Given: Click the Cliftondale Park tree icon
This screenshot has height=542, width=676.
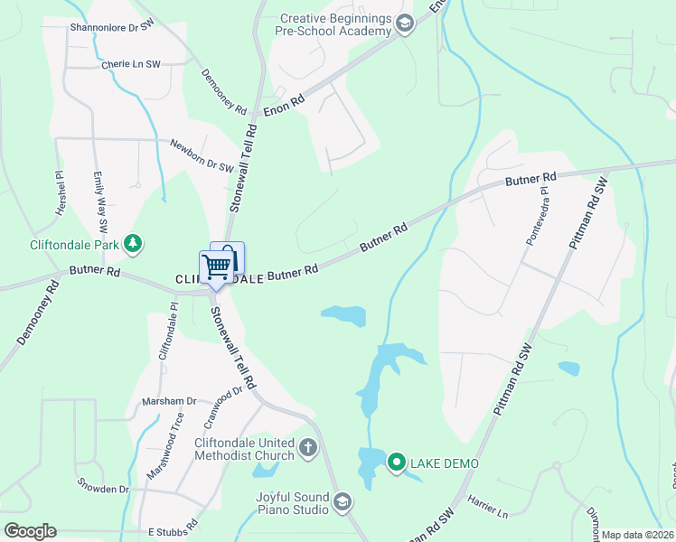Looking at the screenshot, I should [x=133, y=242].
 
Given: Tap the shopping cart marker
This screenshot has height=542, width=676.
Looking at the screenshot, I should [x=216, y=267].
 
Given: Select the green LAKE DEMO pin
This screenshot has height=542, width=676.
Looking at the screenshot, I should [x=396, y=463].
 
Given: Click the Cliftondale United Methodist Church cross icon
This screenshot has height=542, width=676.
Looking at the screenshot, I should [x=307, y=446].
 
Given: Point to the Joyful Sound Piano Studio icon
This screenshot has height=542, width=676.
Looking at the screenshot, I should [x=342, y=501].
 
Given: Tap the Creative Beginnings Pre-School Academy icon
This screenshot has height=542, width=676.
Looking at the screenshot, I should [x=404, y=24].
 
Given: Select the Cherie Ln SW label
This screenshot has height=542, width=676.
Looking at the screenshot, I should [x=130, y=65].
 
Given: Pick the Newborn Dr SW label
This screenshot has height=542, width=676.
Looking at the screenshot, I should [x=202, y=155].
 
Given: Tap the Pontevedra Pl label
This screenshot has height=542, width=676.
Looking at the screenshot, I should [x=539, y=222].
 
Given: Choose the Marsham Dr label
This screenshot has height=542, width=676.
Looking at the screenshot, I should [x=169, y=401].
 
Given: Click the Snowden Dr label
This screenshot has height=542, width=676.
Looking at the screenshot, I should [x=103, y=487].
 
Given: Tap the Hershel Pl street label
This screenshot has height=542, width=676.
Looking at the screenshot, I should [x=61, y=192].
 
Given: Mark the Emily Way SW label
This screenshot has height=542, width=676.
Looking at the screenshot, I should [x=101, y=205].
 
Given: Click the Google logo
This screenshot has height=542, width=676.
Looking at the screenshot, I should [x=30, y=531].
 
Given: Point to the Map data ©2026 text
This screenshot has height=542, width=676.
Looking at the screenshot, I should [x=638, y=535].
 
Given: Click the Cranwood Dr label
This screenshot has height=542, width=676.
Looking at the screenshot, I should [x=226, y=404].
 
